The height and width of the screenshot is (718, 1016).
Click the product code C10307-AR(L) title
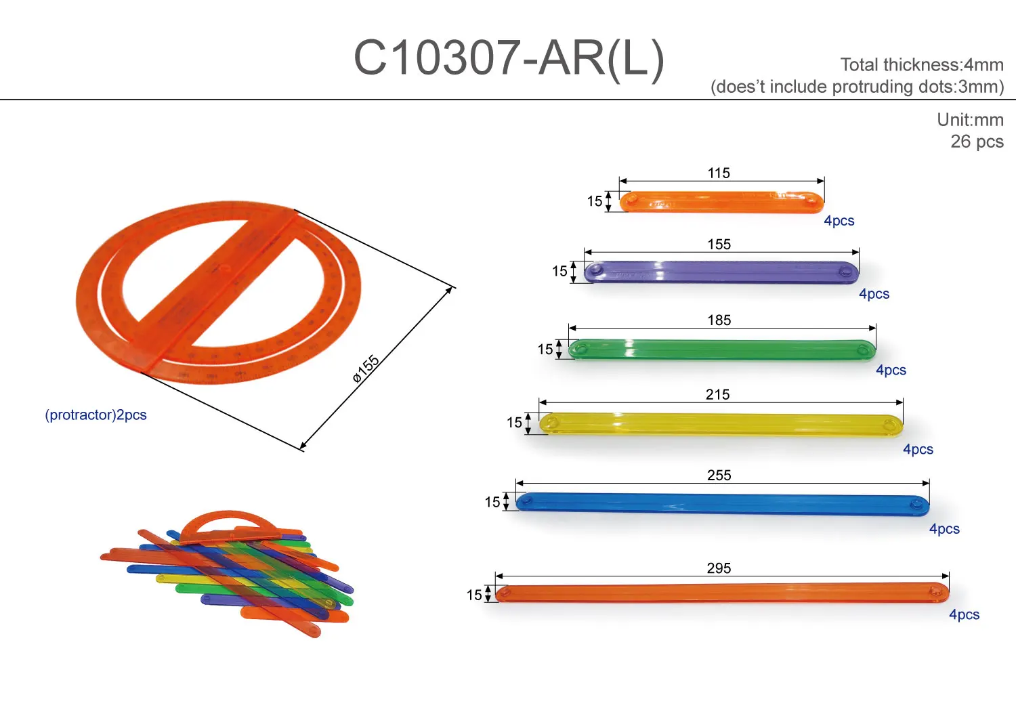click(x=509, y=59)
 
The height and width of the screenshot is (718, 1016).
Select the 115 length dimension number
click(x=719, y=173)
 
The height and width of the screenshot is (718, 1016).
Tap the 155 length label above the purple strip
click(x=719, y=245)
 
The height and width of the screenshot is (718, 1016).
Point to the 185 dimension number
click(x=719, y=320)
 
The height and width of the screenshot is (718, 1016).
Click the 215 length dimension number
click(x=717, y=395)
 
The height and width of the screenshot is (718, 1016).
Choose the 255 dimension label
click(x=719, y=476)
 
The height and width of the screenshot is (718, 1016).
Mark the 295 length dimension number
click(x=719, y=568)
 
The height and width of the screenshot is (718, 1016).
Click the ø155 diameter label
click(x=366, y=368)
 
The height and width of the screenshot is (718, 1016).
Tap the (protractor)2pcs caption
click(x=96, y=415)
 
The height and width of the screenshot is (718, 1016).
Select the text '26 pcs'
click(x=977, y=142)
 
